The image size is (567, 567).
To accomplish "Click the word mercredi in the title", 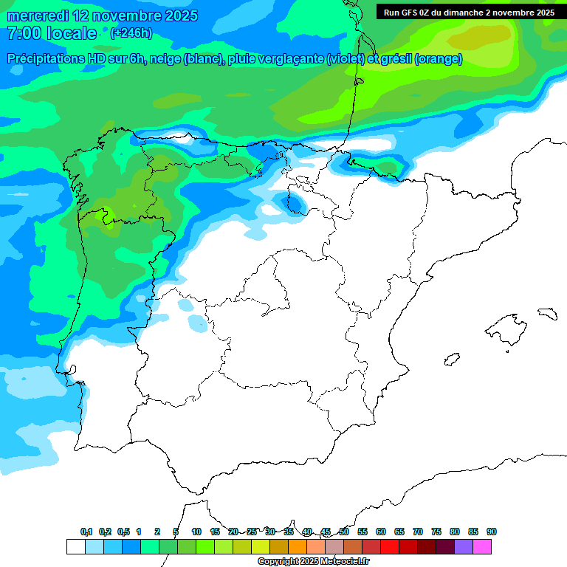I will click(x=32, y=16).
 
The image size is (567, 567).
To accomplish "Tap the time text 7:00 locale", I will click(x=51, y=33).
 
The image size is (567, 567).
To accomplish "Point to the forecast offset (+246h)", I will click(x=131, y=33).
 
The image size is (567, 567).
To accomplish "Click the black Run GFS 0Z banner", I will click(x=469, y=12).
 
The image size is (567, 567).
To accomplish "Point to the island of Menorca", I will click(x=547, y=313).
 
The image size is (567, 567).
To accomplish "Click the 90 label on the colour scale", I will click(x=491, y=532).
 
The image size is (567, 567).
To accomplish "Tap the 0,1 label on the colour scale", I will click(x=86, y=532).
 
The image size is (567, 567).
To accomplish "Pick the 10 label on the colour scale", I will click(x=196, y=532).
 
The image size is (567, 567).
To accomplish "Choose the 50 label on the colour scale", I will click(x=344, y=532).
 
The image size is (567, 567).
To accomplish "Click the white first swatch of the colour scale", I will click(x=75, y=546).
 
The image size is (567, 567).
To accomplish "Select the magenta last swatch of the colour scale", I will click(x=482, y=546).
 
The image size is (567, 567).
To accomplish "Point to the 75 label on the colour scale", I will click(x=436, y=532).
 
